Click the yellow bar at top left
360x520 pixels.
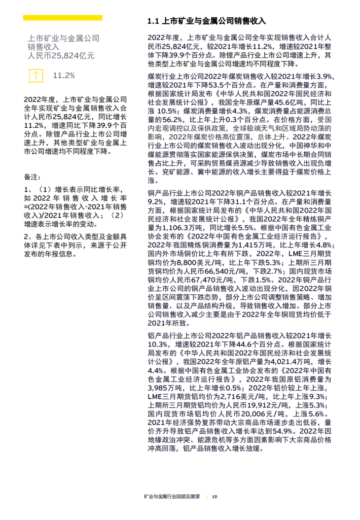point(63,18)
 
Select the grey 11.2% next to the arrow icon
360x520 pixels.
point(64,76)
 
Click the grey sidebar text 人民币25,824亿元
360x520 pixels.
point(61,56)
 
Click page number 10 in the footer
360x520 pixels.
point(214,496)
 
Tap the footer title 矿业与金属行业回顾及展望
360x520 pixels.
point(171,496)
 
